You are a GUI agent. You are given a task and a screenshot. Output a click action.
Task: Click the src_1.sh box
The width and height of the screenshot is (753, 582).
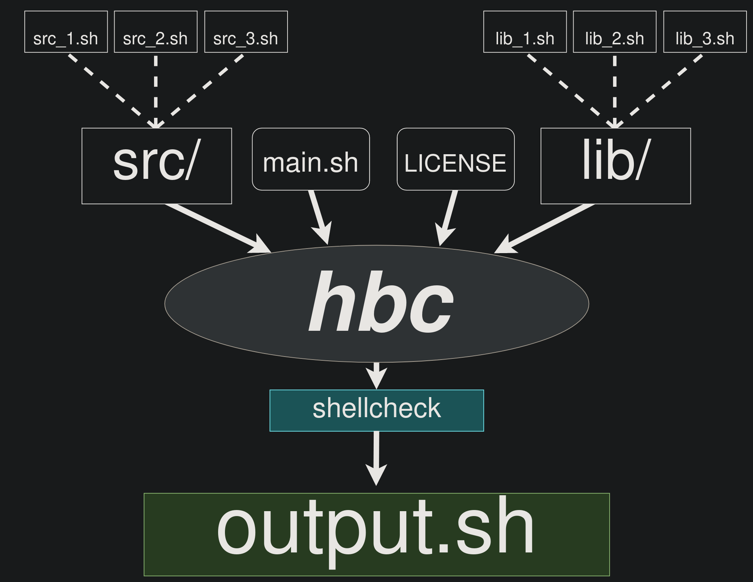[x=66, y=32]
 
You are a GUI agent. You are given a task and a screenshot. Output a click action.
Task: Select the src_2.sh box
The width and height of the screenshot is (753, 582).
[x=156, y=32]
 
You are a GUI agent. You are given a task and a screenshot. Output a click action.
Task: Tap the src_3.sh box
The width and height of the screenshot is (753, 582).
[x=246, y=32]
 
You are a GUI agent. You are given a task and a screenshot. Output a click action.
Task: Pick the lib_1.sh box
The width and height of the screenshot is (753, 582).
[x=525, y=32]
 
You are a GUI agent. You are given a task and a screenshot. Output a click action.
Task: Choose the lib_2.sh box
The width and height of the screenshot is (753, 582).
[x=615, y=32]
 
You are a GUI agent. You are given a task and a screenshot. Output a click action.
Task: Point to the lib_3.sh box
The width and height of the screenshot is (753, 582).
[x=705, y=32]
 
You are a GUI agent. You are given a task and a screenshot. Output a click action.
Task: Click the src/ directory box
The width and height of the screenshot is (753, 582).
[x=157, y=166]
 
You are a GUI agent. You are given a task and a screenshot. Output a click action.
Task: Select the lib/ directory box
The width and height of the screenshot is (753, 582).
[x=615, y=166]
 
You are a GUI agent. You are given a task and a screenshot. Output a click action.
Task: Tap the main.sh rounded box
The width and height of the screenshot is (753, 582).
[x=311, y=159]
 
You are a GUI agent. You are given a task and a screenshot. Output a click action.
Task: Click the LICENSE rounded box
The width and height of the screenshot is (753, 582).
[x=456, y=159]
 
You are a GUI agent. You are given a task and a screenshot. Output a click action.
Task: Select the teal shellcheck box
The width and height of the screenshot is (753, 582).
[x=377, y=410]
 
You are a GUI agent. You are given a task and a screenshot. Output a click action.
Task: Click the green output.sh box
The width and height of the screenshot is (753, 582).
[x=377, y=534]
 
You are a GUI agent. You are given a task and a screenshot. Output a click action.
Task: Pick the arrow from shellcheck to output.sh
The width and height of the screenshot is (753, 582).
[x=376, y=455]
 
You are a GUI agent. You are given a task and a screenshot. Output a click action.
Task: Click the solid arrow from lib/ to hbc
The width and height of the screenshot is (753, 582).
[x=546, y=227]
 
